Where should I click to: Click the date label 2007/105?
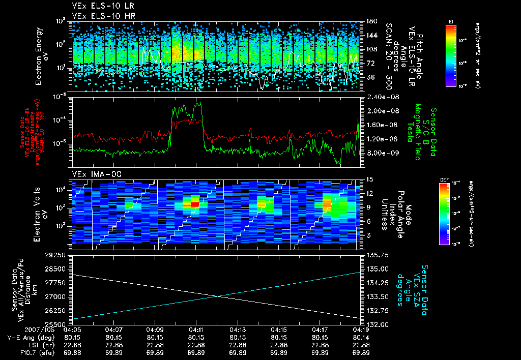point(18,330)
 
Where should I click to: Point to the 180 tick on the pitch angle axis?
point(370,21)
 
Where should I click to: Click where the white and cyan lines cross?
point(217,296)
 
